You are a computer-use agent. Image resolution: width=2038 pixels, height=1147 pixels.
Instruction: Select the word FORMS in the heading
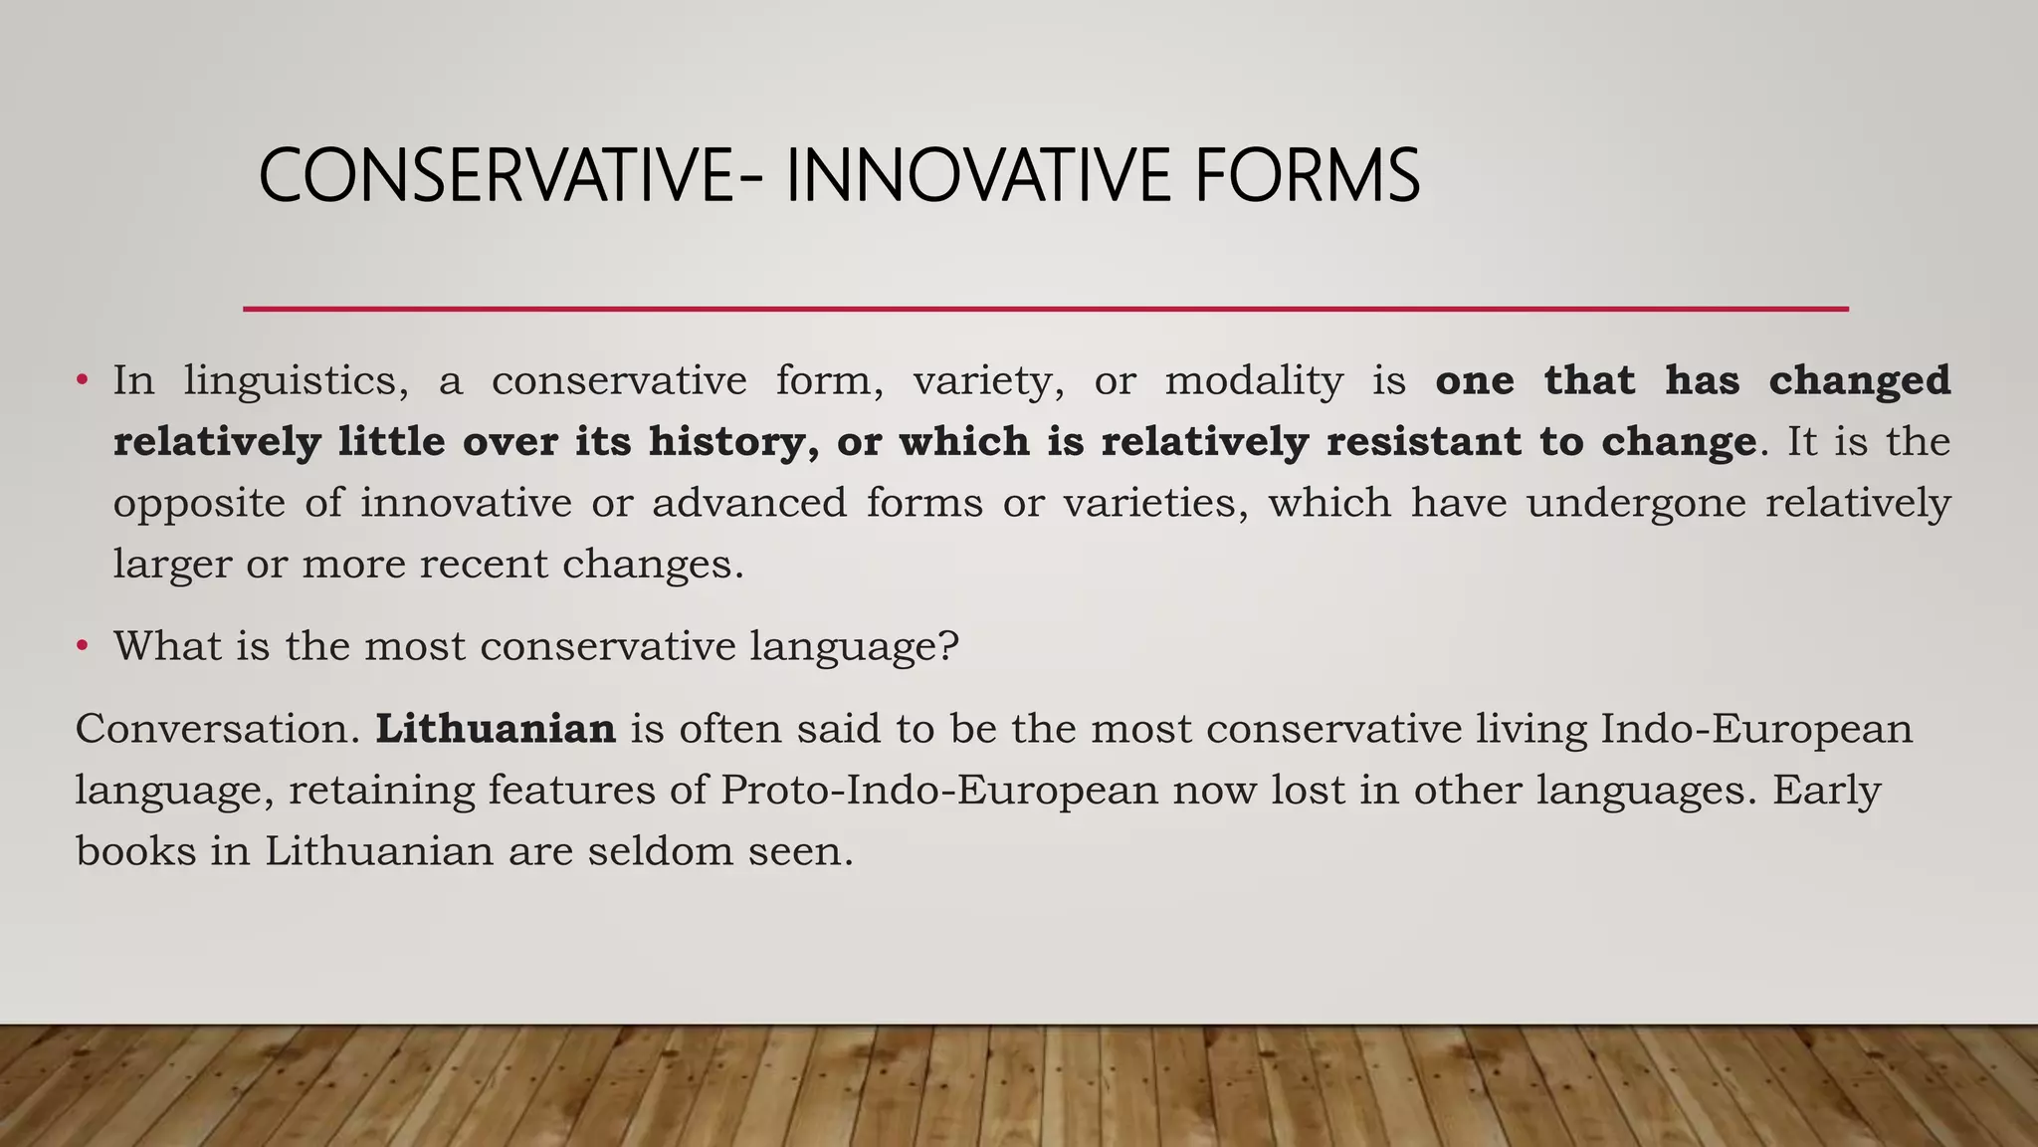tap(1307, 176)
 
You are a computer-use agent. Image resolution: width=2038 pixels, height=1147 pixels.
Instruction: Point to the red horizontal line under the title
tap(1045, 309)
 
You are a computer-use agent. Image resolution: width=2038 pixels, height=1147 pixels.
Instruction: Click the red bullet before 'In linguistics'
tap(83, 380)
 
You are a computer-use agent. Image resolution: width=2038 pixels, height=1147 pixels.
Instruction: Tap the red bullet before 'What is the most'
tap(83, 646)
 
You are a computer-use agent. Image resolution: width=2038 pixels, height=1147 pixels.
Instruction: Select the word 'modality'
tap(1254, 381)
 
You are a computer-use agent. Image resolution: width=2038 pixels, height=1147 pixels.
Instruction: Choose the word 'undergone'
tap(1636, 503)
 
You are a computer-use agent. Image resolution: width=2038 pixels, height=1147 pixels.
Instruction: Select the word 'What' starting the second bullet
tap(167, 646)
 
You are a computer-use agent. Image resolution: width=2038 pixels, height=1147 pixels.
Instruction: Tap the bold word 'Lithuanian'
tap(496, 729)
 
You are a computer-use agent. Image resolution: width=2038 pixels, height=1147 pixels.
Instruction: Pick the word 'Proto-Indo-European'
tap(939, 791)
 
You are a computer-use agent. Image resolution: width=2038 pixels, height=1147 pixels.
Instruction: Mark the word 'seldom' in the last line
tap(661, 851)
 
